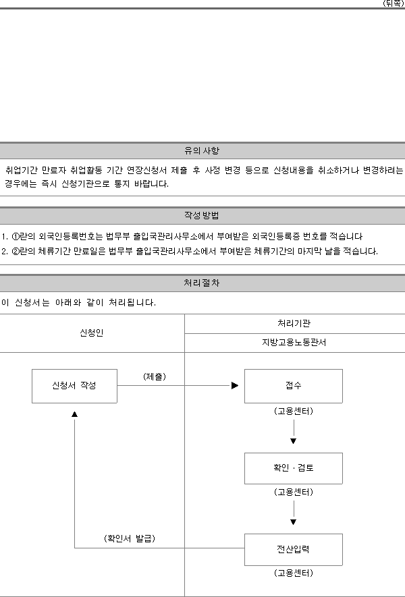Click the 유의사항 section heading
click(x=202, y=151)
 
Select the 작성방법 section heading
click(x=202, y=215)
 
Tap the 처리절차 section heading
click(x=202, y=283)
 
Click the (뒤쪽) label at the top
click(x=394, y=3)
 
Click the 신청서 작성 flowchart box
click(x=74, y=386)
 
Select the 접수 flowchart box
click(x=294, y=386)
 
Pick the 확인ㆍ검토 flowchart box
click(x=294, y=468)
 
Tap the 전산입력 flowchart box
click(x=294, y=549)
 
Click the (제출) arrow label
click(x=155, y=376)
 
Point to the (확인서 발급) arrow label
click(x=130, y=538)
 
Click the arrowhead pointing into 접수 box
click(x=235, y=386)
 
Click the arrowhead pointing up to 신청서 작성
click(x=75, y=414)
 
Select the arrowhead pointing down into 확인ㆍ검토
click(x=294, y=441)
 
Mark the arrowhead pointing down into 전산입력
click(x=294, y=522)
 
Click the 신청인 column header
click(x=91, y=333)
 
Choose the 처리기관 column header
click(x=294, y=323)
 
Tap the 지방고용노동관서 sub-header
click(x=294, y=342)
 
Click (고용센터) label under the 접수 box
click(x=294, y=411)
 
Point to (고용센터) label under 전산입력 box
click(x=294, y=573)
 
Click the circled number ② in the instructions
click(x=16, y=252)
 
